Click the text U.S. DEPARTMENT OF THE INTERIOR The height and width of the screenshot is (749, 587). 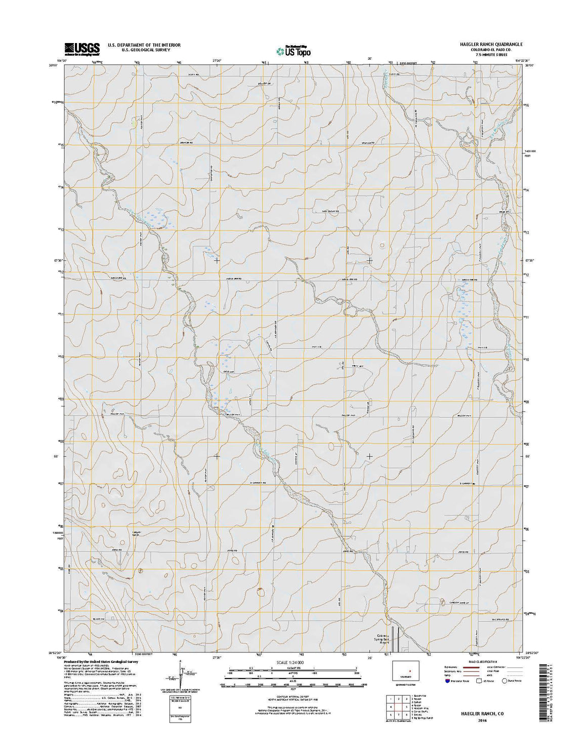point(144,45)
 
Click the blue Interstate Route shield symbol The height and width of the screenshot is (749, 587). point(448,681)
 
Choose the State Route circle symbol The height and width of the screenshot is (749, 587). point(504,681)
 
